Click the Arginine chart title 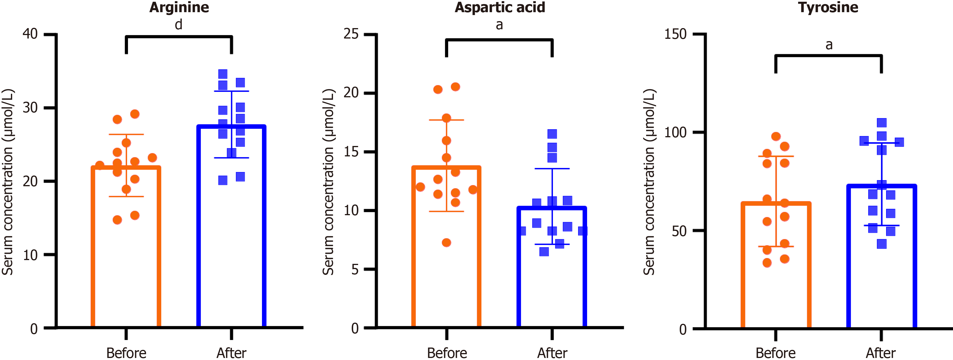(x=179, y=8)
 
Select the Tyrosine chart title (x=828, y=8)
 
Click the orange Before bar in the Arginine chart (x=126, y=259)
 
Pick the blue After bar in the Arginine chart (x=232, y=240)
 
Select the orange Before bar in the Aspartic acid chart (x=446, y=266)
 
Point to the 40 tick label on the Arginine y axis (x=30, y=34)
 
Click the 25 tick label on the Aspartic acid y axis (x=351, y=34)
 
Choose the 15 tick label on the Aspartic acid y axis (x=351, y=152)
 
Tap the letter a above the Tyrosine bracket (x=829, y=45)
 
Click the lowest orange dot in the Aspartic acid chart (x=446, y=243)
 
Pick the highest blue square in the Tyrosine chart (x=881, y=123)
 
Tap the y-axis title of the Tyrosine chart (x=649, y=181)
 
